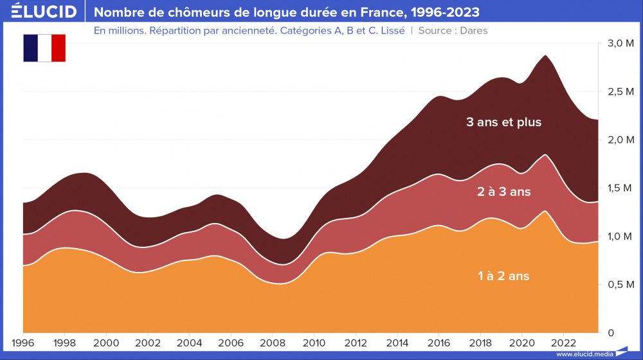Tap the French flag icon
[x=45, y=48]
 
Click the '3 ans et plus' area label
[x=504, y=122]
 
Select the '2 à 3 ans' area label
[x=504, y=191]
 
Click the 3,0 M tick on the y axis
[x=620, y=43]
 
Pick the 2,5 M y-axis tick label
[x=620, y=91]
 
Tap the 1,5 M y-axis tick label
[x=620, y=188]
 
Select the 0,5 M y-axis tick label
[x=620, y=284]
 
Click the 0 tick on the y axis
[x=611, y=332]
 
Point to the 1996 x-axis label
[x=24, y=342]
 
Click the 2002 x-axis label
[x=148, y=342]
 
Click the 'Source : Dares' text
[x=453, y=30]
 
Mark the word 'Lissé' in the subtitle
[x=391, y=30]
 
